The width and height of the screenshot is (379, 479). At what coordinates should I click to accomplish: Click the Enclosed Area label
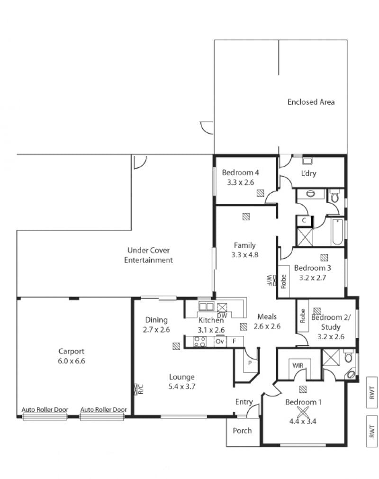click(x=311, y=102)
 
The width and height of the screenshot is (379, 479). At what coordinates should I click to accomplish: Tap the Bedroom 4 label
click(x=240, y=172)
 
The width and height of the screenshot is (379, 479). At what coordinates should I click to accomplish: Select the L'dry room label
click(x=308, y=173)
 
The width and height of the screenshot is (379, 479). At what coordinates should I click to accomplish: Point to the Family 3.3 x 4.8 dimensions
click(x=244, y=255)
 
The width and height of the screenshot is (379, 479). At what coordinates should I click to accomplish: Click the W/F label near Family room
click(x=269, y=280)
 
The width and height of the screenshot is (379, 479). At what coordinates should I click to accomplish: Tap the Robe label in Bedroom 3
click(x=283, y=281)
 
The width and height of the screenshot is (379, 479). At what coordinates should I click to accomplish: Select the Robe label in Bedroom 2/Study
click(x=303, y=316)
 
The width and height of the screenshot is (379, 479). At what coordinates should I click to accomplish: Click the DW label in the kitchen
click(x=222, y=316)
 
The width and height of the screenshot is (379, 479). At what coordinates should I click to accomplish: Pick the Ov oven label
click(x=219, y=341)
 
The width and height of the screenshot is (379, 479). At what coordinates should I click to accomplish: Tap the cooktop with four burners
click(x=200, y=341)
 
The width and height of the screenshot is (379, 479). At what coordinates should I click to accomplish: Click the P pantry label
click(x=250, y=363)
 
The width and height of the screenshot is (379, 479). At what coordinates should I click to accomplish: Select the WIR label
click(x=298, y=366)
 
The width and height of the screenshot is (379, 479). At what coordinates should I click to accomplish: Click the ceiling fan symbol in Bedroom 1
click(x=303, y=412)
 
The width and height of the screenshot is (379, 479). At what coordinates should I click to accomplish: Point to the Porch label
click(x=242, y=431)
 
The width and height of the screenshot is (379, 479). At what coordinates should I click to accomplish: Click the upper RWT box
click(x=372, y=393)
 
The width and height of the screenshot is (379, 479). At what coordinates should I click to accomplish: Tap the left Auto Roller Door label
click(x=45, y=410)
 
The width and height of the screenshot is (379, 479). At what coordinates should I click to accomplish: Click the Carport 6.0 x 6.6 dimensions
click(x=72, y=361)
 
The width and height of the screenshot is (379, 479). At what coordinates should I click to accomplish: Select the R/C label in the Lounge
click(x=141, y=389)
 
